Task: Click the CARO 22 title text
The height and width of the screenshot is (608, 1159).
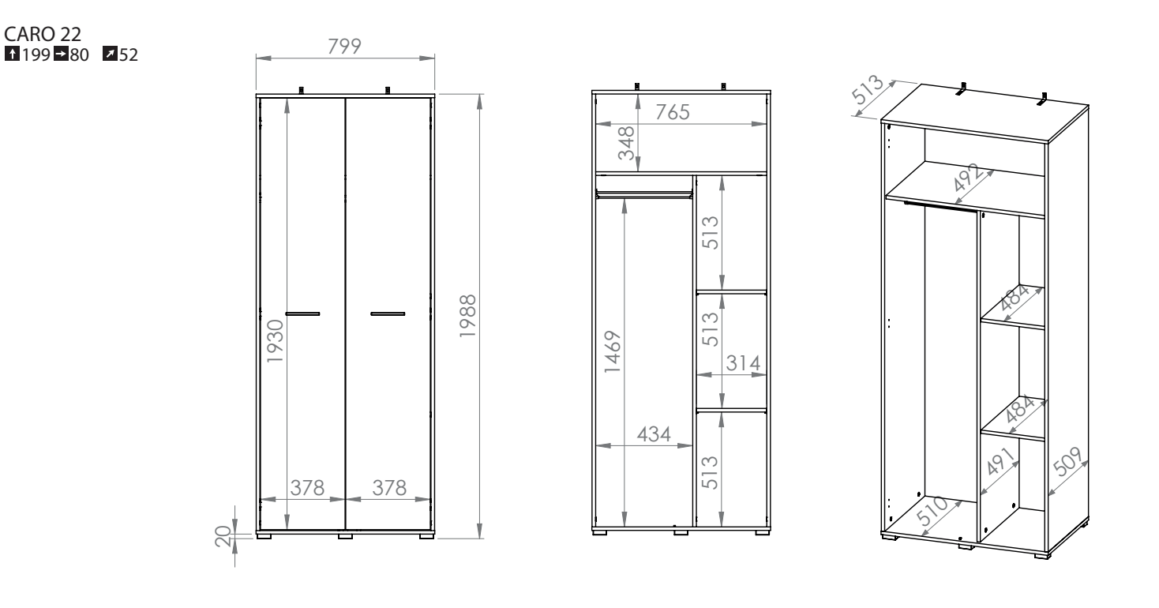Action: tap(43, 34)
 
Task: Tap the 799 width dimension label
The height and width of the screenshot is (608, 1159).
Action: tap(344, 46)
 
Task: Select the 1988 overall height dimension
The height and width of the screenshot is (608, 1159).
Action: tap(467, 316)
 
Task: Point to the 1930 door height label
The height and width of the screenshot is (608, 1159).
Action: tap(276, 340)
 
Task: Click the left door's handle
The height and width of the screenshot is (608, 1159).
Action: tap(302, 313)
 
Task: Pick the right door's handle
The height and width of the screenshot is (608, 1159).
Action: tap(388, 313)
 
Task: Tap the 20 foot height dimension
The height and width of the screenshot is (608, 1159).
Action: tap(223, 536)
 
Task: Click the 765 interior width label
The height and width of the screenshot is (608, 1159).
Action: tap(673, 112)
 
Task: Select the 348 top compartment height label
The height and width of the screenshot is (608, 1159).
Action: tap(626, 143)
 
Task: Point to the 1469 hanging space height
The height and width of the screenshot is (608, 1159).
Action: tap(612, 351)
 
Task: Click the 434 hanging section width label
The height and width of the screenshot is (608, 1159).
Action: tap(654, 434)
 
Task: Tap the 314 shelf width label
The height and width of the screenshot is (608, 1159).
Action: tap(743, 363)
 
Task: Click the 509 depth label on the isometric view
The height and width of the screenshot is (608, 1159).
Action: tap(1067, 461)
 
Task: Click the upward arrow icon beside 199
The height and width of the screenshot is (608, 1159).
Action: tap(12, 53)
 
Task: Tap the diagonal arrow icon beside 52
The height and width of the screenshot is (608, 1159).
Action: tap(110, 53)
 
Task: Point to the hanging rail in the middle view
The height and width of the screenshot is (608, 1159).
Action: tap(643, 195)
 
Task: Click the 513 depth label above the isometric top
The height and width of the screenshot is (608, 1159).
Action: tap(867, 89)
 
